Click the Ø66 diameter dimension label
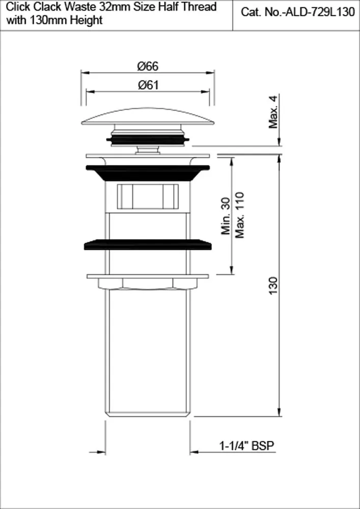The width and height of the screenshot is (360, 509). tap(148, 66)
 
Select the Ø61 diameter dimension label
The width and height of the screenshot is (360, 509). tap(148, 85)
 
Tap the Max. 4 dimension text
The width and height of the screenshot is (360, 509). tap(273, 112)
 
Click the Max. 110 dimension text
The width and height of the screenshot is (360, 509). tap(239, 215)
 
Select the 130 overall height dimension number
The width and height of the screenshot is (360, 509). tap(273, 286)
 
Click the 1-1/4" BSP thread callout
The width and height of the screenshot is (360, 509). tap(247, 446)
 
